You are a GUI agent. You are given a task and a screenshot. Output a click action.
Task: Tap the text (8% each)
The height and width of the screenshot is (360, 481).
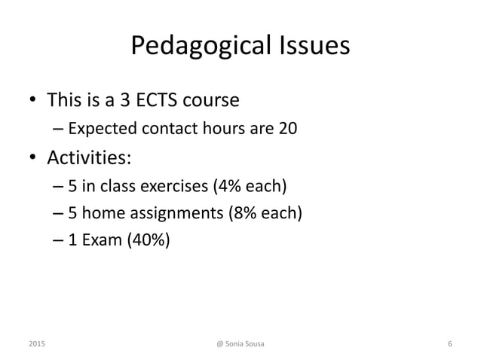click(265, 213)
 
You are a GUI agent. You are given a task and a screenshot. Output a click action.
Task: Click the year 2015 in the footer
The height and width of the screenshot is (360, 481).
click(35, 344)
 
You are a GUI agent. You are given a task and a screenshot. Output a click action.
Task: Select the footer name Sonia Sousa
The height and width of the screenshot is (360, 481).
click(247, 344)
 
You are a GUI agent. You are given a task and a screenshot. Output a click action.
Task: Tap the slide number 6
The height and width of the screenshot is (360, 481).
click(449, 344)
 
